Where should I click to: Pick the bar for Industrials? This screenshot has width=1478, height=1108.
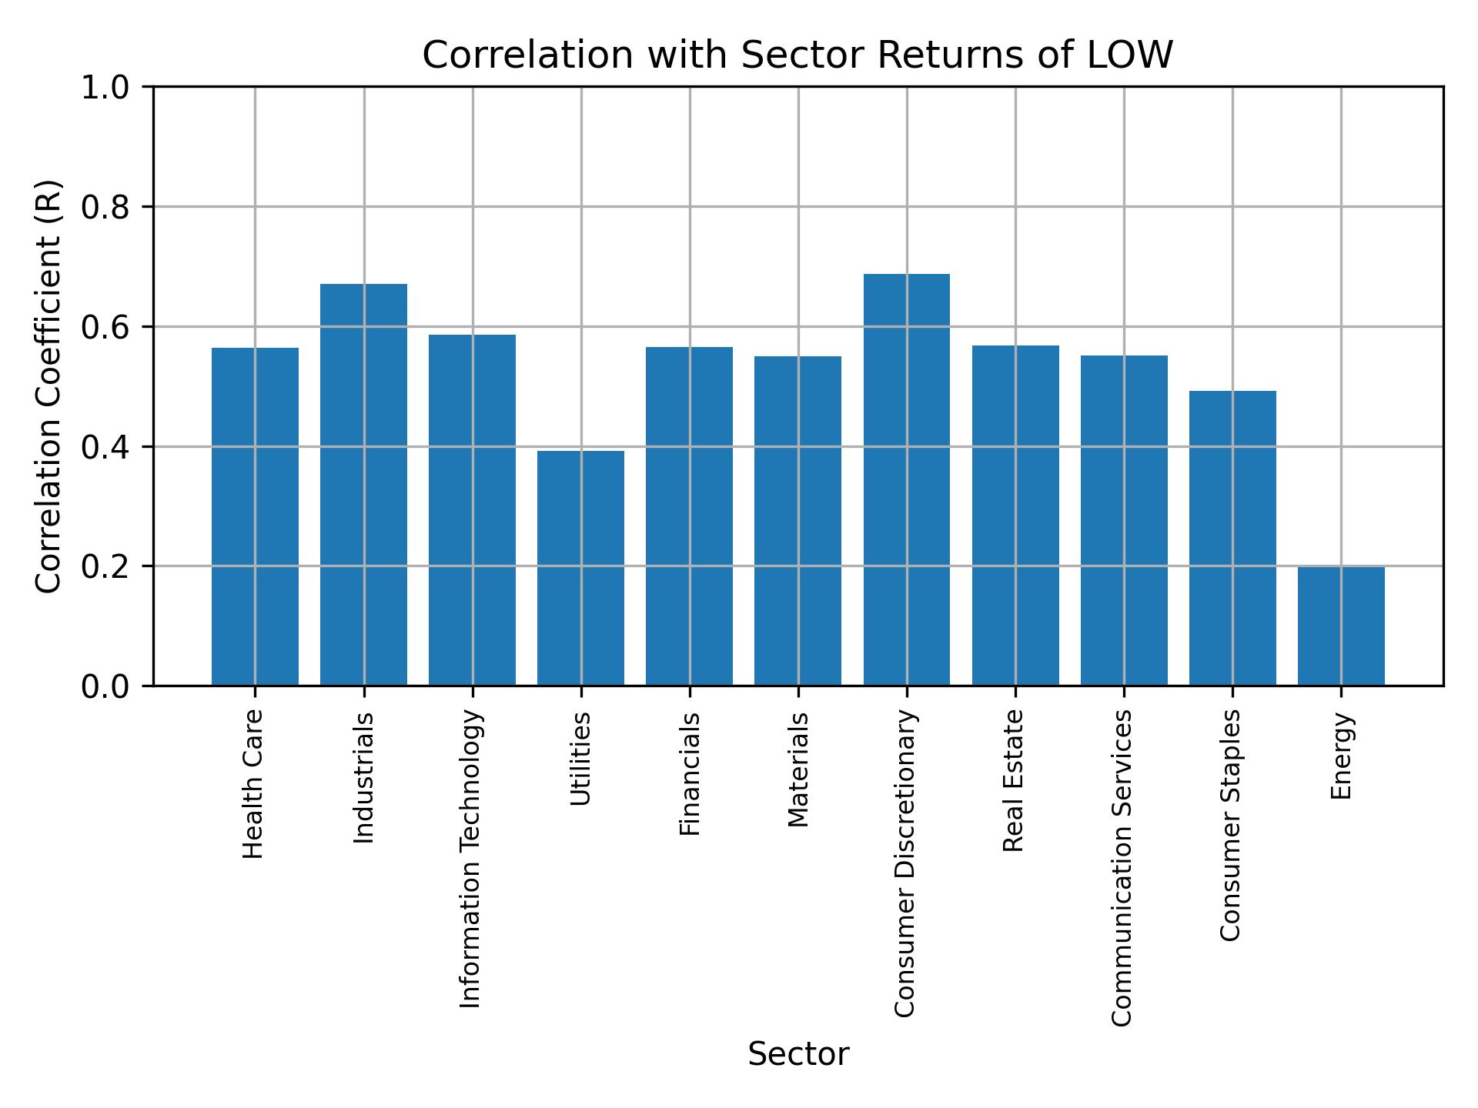(x=363, y=485)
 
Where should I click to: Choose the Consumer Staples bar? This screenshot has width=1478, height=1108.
(x=1232, y=538)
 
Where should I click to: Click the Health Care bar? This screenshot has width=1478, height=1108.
(x=255, y=516)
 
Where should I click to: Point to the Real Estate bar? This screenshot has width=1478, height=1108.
(x=1015, y=516)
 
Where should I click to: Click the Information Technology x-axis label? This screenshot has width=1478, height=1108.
(x=471, y=859)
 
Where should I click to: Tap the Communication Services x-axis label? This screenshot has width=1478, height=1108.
(x=1122, y=867)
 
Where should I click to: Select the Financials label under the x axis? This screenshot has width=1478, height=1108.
(x=690, y=773)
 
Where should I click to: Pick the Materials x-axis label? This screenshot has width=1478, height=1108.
(x=798, y=769)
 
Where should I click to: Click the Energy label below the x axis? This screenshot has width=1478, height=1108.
(x=1341, y=756)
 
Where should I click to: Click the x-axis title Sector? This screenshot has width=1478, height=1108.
(x=798, y=1054)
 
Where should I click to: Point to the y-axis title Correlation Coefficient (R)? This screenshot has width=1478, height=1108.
(x=48, y=386)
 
